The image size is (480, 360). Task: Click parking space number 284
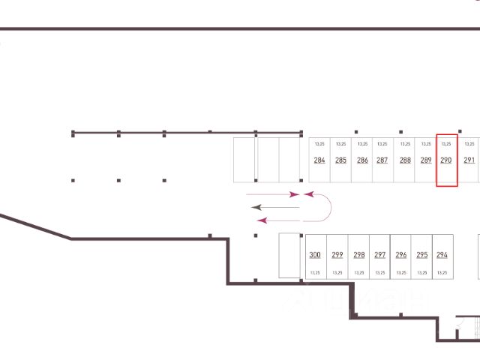[319, 160]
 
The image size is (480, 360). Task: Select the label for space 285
[340, 160]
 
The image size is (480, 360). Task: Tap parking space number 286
[362, 160]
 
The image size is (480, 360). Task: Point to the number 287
[382, 160]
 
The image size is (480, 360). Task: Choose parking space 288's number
[405, 160]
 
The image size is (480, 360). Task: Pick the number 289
[426, 160]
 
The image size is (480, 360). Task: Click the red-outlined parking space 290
[446, 160]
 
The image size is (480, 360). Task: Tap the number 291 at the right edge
[469, 160]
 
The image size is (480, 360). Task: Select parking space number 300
[315, 255]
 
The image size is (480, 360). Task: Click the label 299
[337, 255]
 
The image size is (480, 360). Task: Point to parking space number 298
[358, 255]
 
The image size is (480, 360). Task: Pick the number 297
[379, 255]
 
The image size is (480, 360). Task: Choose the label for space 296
[401, 255]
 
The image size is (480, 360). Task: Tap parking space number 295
[421, 255]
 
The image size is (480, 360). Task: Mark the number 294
[442, 255]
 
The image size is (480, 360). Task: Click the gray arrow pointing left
[274, 206]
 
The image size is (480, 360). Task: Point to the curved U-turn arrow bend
[328, 207]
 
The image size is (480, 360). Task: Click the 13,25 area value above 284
[319, 143]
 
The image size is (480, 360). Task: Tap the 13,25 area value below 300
[315, 273]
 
